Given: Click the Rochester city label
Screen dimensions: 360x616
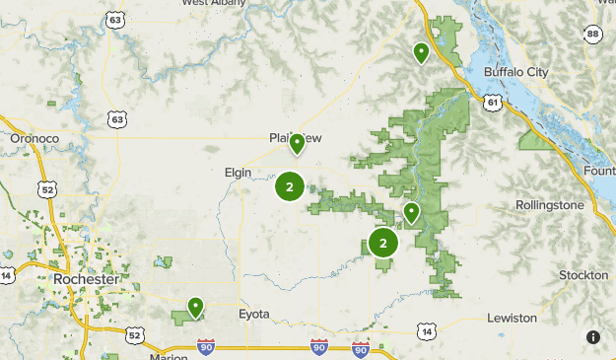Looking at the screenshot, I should coord(87,279).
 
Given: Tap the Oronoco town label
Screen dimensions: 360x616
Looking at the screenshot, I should coord(34,139).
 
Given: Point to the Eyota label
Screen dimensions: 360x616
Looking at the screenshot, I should coord(253,315).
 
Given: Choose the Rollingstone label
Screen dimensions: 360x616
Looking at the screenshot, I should coord(550,205).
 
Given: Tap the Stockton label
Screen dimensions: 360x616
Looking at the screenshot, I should coord(582,274).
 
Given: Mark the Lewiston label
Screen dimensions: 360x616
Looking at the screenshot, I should coord(512,319).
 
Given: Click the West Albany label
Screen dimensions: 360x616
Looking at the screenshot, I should coord(214,3).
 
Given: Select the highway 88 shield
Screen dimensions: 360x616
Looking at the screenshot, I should coord(592,35).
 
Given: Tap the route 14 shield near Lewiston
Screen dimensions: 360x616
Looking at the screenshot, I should coord(425,331).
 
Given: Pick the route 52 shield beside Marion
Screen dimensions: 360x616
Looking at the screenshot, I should coord(134,336).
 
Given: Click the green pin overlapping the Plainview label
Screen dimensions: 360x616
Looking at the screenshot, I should coord(296,144).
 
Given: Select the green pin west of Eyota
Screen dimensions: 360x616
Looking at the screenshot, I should coord(196,308).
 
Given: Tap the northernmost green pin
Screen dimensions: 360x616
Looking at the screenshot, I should coord(421,52).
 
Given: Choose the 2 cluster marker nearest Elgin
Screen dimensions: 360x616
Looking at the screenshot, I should coord(289,185).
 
